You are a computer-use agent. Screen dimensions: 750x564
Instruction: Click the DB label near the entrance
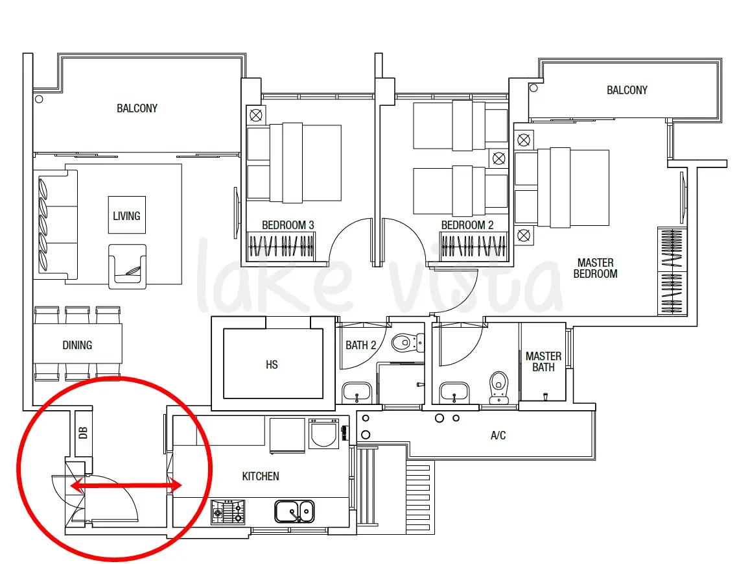coord(83,433)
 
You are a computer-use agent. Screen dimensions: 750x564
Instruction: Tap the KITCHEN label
coord(261,476)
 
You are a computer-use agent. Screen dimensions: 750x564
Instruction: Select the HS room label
coord(272,365)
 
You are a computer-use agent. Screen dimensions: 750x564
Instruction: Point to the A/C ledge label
coord(498,435)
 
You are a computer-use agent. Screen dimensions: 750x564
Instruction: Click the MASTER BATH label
coord(543,362)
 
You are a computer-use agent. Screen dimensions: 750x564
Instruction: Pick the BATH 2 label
coord(360,345)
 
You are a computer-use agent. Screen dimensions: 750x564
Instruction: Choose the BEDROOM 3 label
coord(288,225)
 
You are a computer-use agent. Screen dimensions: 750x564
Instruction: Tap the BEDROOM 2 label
coord(467,225)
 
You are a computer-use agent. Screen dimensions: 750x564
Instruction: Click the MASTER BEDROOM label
coord(596,268)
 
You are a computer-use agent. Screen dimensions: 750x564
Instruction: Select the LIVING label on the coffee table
coord(127,216)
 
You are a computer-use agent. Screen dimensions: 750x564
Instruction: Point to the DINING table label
coord(78,345)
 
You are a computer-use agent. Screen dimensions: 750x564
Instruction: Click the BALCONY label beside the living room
coord(137,108)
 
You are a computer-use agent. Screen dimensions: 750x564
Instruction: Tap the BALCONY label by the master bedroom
coord(627,90)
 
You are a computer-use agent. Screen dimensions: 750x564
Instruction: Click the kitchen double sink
coord(295,511)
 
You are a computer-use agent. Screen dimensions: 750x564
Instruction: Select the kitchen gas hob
coord(228,512)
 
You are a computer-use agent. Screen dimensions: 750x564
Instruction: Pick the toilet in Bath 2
coord(406,343)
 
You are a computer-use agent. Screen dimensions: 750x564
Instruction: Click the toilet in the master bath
coord(499,387)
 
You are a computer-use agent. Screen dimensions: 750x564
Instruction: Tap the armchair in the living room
coord(127,267)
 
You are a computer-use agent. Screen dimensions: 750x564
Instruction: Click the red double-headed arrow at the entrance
coord(126,486)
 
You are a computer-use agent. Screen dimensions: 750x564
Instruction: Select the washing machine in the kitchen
coord(324,434)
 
